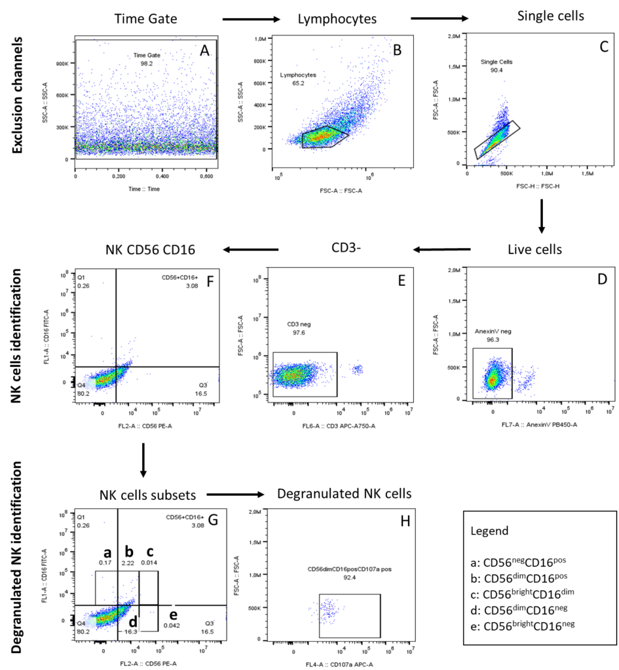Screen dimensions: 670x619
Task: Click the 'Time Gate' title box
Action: click(x=145, y=19)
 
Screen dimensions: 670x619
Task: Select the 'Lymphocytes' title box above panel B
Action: click(x=337, y=19)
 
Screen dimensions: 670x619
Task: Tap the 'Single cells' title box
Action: click(x=550, y=14)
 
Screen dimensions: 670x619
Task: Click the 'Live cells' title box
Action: click(x=535, y=249)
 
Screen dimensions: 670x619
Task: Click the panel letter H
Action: click(x=405, y=521)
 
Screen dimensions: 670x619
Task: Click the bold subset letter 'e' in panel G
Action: click(x=173, y=615)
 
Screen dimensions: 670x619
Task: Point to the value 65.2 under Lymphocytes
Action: click(x=288, y=84)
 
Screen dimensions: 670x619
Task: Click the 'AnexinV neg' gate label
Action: click(x=493, y=332)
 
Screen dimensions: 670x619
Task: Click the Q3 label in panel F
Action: click(x=203, y=385)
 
